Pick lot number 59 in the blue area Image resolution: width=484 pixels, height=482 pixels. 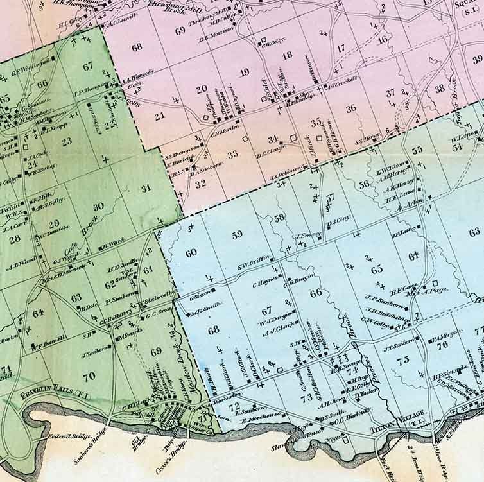point(238,234)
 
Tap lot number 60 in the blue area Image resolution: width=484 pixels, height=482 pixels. point(191,253)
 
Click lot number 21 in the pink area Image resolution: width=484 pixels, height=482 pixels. point(159,117)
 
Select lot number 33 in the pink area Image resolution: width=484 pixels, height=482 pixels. point(232,154)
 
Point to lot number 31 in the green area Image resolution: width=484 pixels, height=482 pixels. point(146,187)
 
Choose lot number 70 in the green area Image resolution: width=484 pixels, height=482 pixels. point(89,376)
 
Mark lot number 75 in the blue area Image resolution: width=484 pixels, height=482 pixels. point(402,360)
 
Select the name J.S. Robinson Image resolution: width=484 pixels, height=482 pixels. point(284,178)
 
